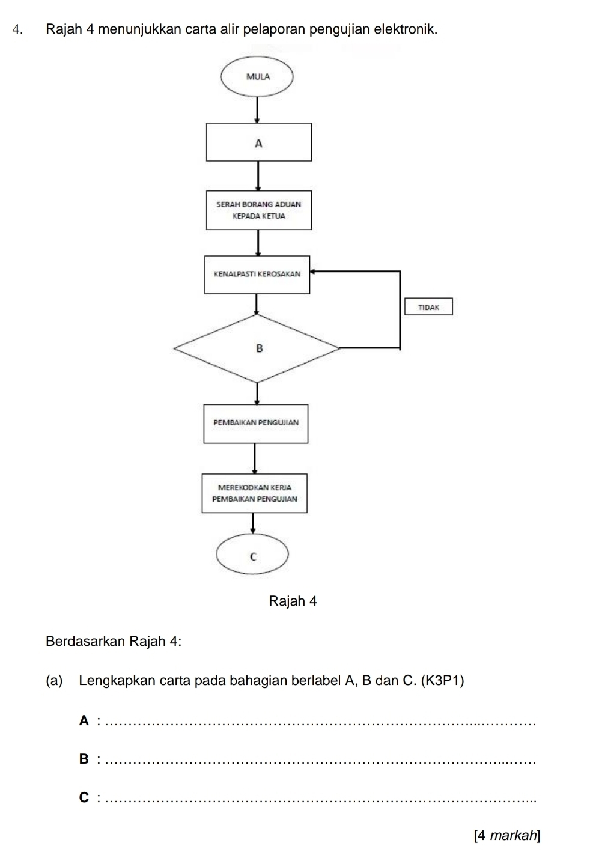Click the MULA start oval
258,76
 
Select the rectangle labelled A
259,142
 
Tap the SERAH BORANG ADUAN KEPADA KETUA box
259,210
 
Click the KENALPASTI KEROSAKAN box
257,274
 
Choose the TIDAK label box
428,306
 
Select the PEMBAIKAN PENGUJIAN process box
256,423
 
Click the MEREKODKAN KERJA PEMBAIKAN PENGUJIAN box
255,493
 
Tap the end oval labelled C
253,556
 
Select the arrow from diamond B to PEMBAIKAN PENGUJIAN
258,394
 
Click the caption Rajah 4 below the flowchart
293,601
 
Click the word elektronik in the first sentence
405,28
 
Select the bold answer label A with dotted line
84,720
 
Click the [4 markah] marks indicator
506,835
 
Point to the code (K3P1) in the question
443,681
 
